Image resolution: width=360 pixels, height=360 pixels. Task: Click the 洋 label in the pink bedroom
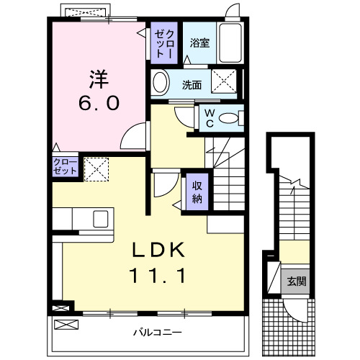[x=99, y=77]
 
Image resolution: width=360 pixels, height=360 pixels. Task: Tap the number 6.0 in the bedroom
[x=99, y=103]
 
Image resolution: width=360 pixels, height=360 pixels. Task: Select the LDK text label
[x=158, y=250]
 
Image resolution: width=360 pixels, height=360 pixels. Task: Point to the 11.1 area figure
[x=158, y=275]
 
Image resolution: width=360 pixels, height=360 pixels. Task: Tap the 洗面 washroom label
[x=192, y=84]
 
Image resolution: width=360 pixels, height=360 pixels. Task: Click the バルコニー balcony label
[x=157, y=333]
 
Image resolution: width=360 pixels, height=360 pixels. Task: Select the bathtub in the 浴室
[x=232, y=44]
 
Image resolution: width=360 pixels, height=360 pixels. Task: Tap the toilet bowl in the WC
[x=229, y=118]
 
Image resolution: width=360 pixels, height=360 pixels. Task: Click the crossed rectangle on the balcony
[x=64, y=325]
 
